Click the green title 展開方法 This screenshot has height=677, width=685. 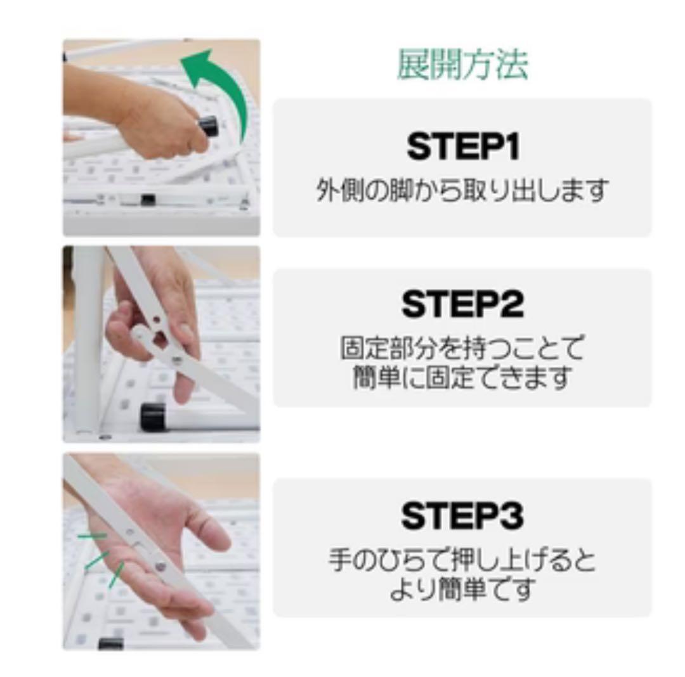point(462,65)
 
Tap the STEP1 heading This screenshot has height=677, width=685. point(462,146)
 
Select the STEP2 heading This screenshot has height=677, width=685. point(462,304)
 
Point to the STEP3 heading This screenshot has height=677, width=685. point(462,516)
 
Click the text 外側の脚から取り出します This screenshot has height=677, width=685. point(462,190)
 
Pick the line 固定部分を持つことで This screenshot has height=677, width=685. point(462,348)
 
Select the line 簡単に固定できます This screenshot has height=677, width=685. point(462,378)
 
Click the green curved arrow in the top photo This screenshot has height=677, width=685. point(222,89)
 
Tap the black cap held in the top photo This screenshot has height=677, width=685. point(209,126)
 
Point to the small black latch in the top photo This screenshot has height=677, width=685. point(148,200)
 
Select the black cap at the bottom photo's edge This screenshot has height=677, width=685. point(111,643)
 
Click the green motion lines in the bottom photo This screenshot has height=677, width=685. point(101,558)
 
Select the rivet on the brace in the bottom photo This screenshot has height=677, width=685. point(160,565)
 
